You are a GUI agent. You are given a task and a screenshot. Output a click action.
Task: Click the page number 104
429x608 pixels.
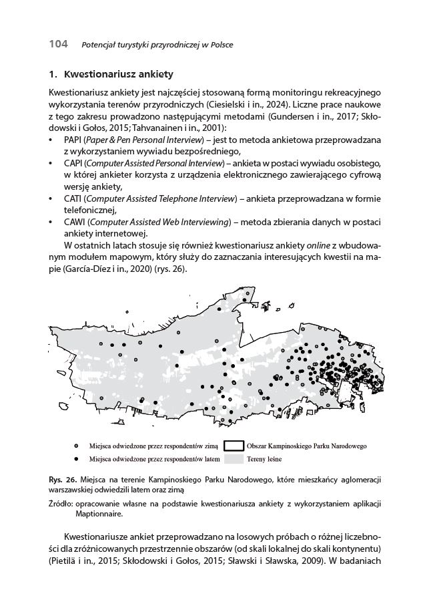point(58,44)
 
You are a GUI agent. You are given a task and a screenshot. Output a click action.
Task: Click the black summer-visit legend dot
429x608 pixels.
point(77,460)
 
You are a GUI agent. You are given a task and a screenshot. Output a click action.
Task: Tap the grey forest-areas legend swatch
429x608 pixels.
point(232,460)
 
